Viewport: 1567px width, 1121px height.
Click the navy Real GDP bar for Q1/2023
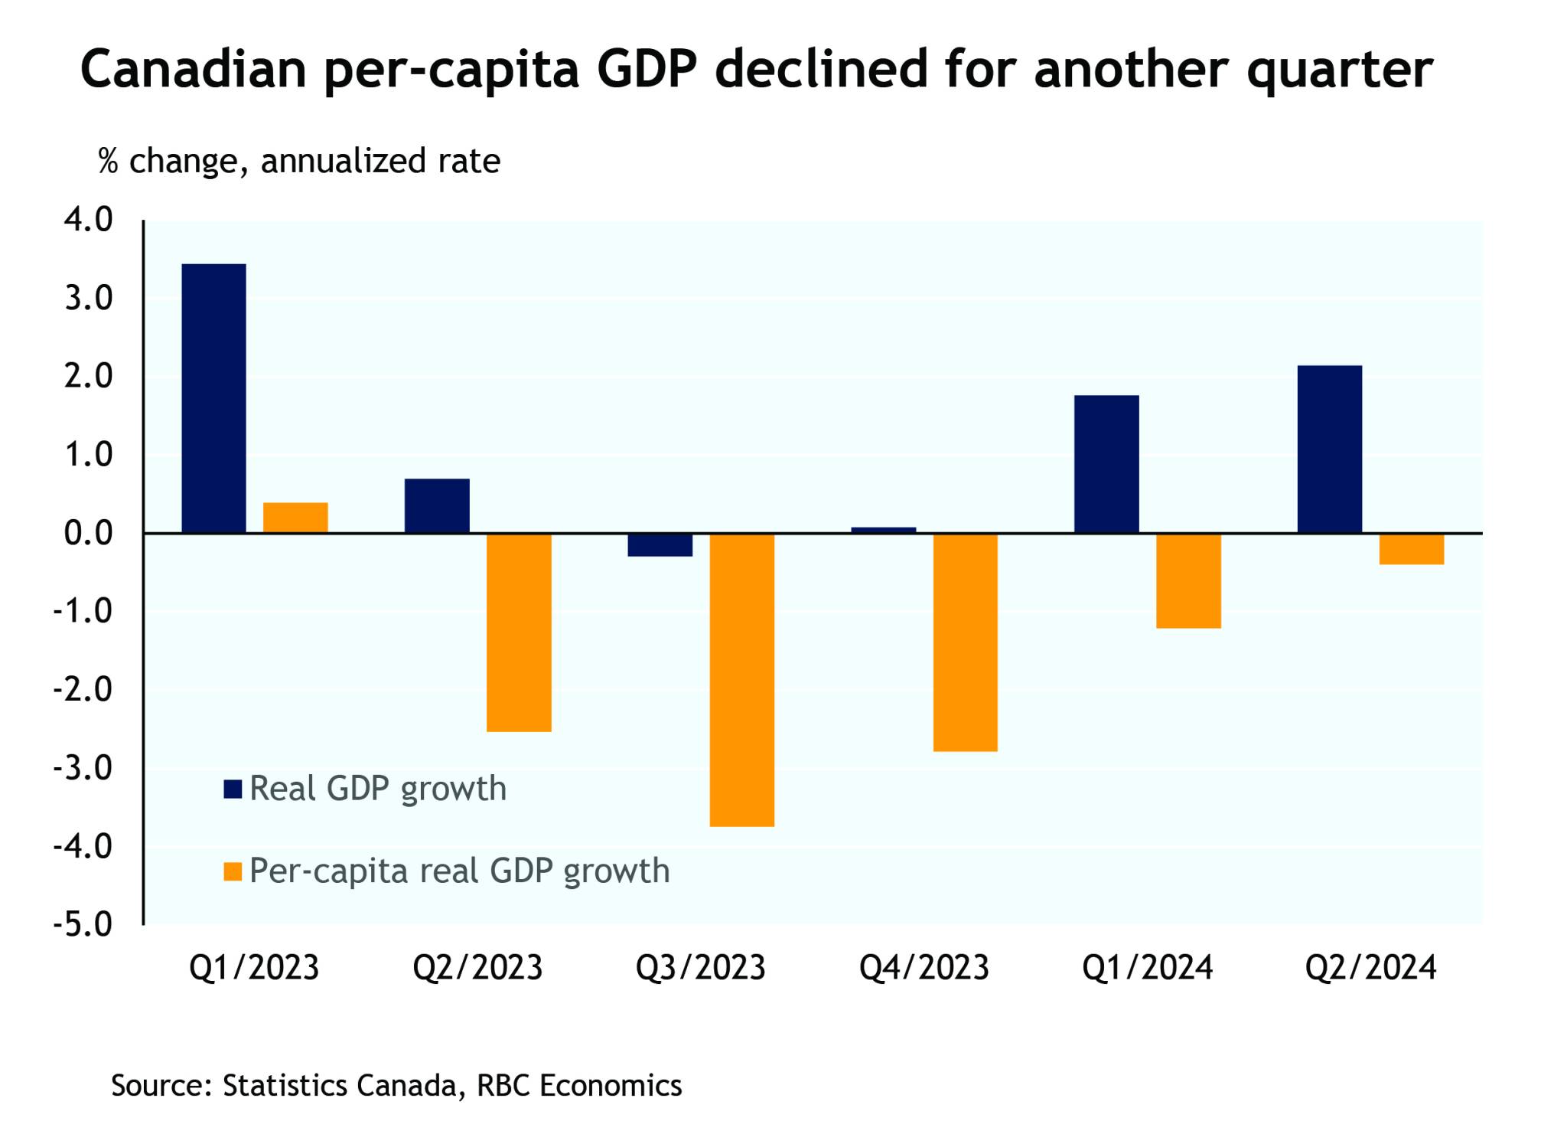point(213,397)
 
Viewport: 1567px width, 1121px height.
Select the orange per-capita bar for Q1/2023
point(295,518)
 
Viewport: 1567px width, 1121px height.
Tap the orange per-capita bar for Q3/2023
point(741,679)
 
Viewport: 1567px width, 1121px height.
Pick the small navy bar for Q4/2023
point(883,530)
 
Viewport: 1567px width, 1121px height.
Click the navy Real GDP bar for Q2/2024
point(1329,449)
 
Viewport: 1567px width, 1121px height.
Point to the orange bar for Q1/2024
point(1188,580)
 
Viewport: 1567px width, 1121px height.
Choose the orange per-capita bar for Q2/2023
point(519,632)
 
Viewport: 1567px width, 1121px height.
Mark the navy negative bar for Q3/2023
point(660,544)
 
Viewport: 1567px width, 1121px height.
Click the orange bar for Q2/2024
point(1411,549)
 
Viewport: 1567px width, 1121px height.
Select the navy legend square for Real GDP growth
point(233,789)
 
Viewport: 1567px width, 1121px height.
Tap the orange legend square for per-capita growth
point(233,871)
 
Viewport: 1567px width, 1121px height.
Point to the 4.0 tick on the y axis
point(88,221)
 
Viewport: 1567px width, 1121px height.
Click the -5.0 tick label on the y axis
point(83,925)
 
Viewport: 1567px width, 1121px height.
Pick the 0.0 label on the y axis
point(88,534)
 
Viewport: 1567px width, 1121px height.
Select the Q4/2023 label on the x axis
point(924,968)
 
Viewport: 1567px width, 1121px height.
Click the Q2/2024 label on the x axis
point(1370,968)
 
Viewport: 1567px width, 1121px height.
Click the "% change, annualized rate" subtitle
point(299,162)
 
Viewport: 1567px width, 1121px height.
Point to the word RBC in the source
point(503,1085)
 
